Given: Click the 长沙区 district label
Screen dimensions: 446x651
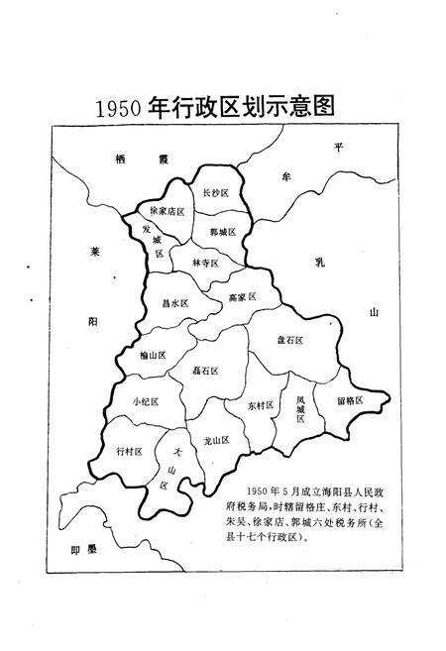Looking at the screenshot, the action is coord(218,192).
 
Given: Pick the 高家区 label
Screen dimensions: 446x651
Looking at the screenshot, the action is coord(242,296).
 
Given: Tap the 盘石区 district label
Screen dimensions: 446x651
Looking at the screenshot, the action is coord(289,340).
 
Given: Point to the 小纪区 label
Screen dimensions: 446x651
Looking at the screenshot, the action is coord(145,401).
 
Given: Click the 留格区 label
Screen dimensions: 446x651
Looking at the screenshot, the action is coord(351,400).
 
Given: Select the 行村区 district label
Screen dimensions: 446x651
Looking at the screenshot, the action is coord(130,451).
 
